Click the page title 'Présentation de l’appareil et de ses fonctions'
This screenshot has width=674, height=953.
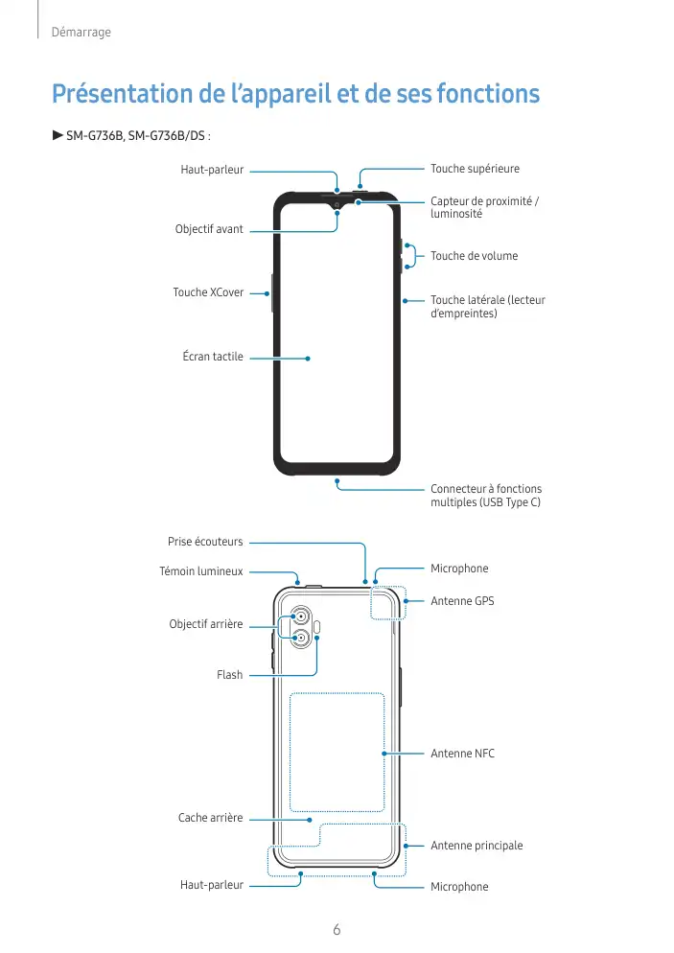[x=295, y=95]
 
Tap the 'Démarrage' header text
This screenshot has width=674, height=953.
[x=81, y=33]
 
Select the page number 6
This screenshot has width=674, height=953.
[x=337, y=929]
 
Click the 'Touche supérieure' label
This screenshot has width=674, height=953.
[x=475, y=169]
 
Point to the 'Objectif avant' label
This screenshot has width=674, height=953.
[x=209, y=230]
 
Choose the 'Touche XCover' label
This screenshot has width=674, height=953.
[x=208, y=292]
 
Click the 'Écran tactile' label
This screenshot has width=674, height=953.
[x=213, y=357]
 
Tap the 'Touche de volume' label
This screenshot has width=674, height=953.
[x=474, y=256]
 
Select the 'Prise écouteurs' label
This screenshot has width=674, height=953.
[x=205, y=542]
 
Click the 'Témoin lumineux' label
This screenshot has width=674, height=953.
[x=201, y=571]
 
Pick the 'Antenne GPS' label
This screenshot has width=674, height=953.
[x=462, y=601]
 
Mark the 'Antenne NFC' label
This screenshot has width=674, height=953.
[x=462, y=754]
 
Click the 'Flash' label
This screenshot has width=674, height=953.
[x=230, y=675]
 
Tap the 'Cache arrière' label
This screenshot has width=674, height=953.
[x=211, y=818]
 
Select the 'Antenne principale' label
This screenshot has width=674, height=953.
[x=476, y=846]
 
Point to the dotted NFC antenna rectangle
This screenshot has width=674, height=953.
[x=337, y=752]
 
